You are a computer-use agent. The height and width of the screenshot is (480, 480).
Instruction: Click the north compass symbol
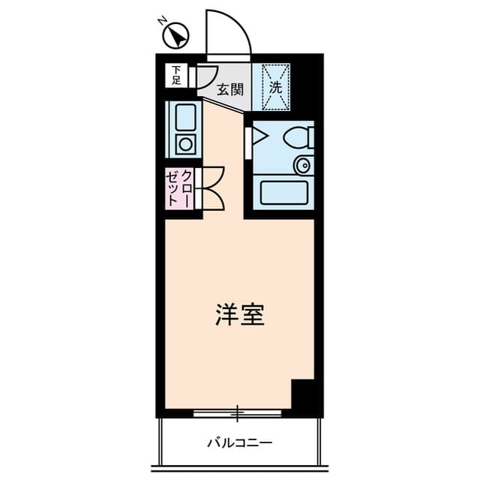pos(175,35)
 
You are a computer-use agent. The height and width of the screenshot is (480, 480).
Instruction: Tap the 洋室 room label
pos(240,315)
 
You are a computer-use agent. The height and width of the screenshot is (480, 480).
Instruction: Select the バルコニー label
pos(240,442)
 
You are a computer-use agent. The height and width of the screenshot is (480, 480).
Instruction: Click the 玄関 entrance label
pos(230,90)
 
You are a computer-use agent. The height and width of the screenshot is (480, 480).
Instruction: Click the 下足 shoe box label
pos(176,75)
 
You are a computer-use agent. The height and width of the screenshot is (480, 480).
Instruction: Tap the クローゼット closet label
pos(179,188)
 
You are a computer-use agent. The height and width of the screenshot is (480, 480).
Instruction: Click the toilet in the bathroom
pos(298,137)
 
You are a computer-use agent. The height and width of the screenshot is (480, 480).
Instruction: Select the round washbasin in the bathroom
pos(303,165)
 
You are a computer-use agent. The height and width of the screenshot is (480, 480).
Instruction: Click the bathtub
pos(283,193)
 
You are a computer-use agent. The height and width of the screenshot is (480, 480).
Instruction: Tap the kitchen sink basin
pos(185,118)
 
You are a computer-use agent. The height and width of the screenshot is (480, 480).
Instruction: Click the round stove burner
pos(185,144)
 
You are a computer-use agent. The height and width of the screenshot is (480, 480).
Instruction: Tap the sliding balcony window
pos(237,413)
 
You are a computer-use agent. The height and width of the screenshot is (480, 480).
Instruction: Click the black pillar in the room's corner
pos(302,394)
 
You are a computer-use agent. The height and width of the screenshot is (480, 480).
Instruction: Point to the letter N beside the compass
pos(162,21)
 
